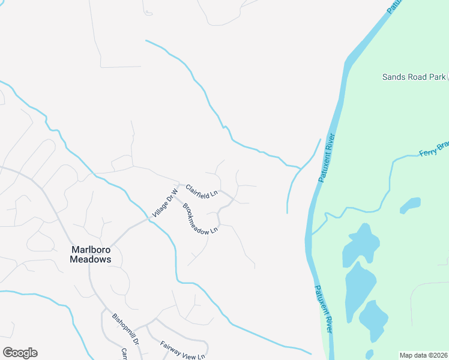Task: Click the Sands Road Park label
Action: click(x=414, y=77)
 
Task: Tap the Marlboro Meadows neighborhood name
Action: click(x=91, y=254)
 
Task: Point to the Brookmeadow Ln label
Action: click(x=200, y=218)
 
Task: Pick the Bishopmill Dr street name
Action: click(x=125, y=328)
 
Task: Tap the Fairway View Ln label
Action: click(x=183, y=349)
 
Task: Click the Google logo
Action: click(x=20, y=353)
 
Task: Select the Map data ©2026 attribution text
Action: click(x=423, y=355)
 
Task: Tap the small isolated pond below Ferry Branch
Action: click(x=410, y=206)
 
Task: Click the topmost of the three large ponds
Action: click(x=361, y=243)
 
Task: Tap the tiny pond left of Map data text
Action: click(x=369, y=354)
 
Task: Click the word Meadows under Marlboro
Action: click(x=91, y=260)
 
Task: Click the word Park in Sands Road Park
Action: click(x=438, y=77)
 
